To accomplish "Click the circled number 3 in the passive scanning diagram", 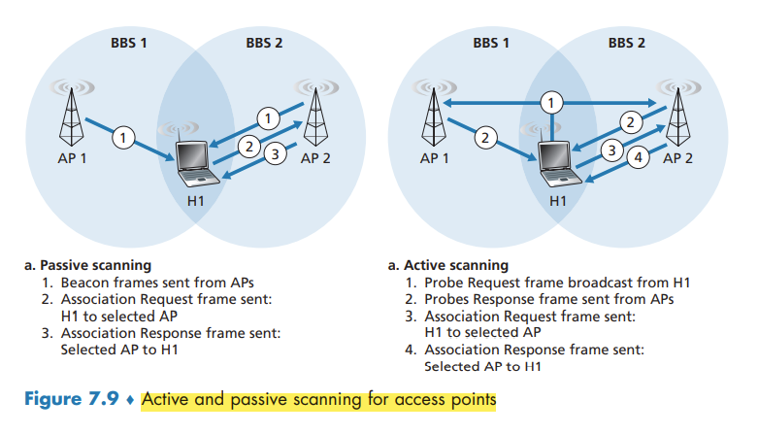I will tap(275, 154).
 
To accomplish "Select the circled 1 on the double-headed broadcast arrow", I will tap(551, 103).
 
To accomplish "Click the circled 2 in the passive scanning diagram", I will tap(248, 148).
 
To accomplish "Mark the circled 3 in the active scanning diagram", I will tap(611, 150).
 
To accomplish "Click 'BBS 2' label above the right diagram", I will tap(626, 44).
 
